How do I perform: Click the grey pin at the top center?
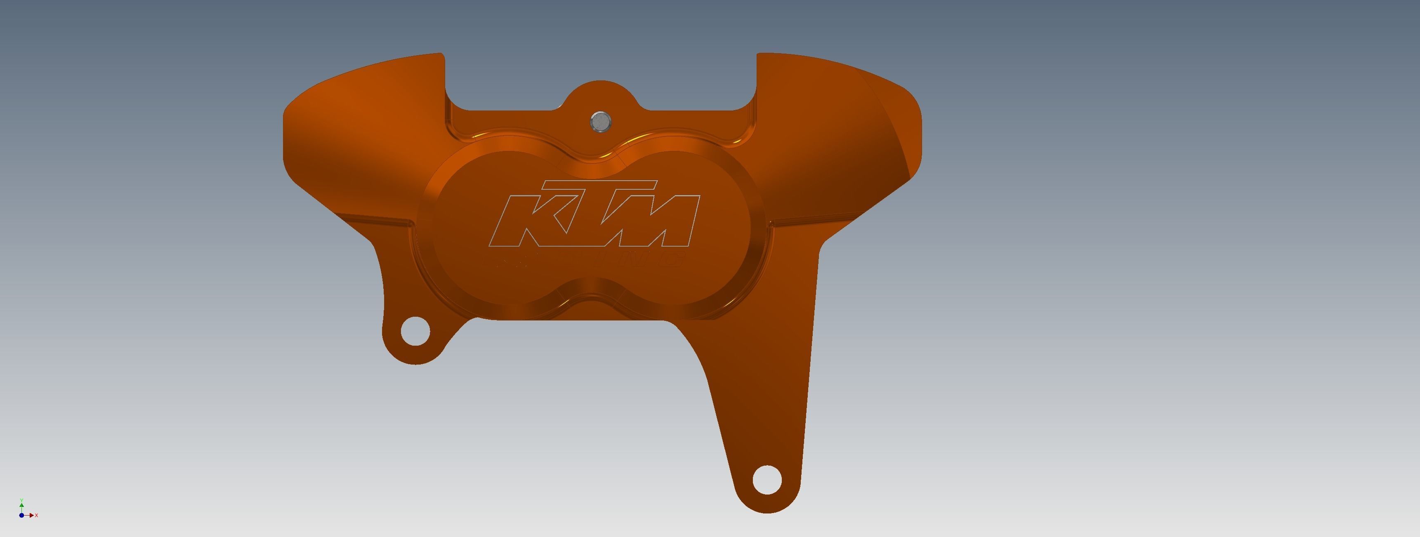click(x=600, y=122)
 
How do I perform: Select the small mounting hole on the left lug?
click(x=415, y=331)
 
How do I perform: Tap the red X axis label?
click(x=36, y=516)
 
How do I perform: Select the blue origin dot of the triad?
click(x=21, y=516)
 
